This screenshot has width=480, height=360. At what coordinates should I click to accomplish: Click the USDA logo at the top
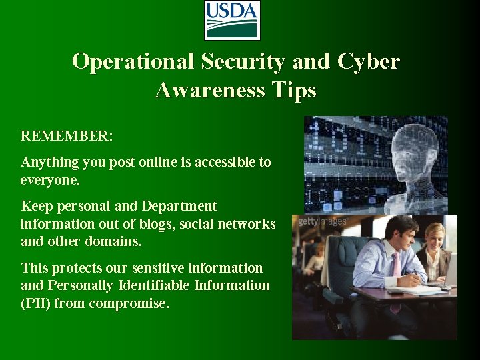click(231, 21)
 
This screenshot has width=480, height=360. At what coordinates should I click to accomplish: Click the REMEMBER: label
click(67, 136)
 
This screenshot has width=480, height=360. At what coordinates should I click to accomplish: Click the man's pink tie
click(395, 267)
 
